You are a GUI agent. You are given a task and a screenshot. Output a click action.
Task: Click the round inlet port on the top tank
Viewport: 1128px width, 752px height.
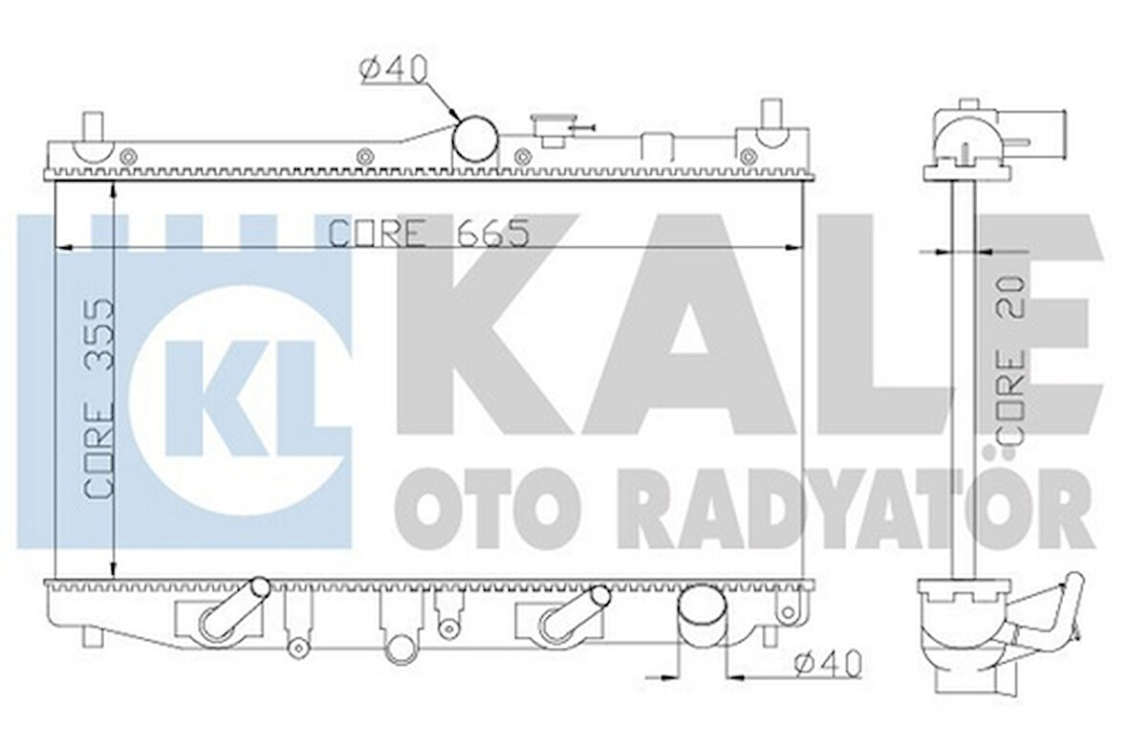475,140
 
